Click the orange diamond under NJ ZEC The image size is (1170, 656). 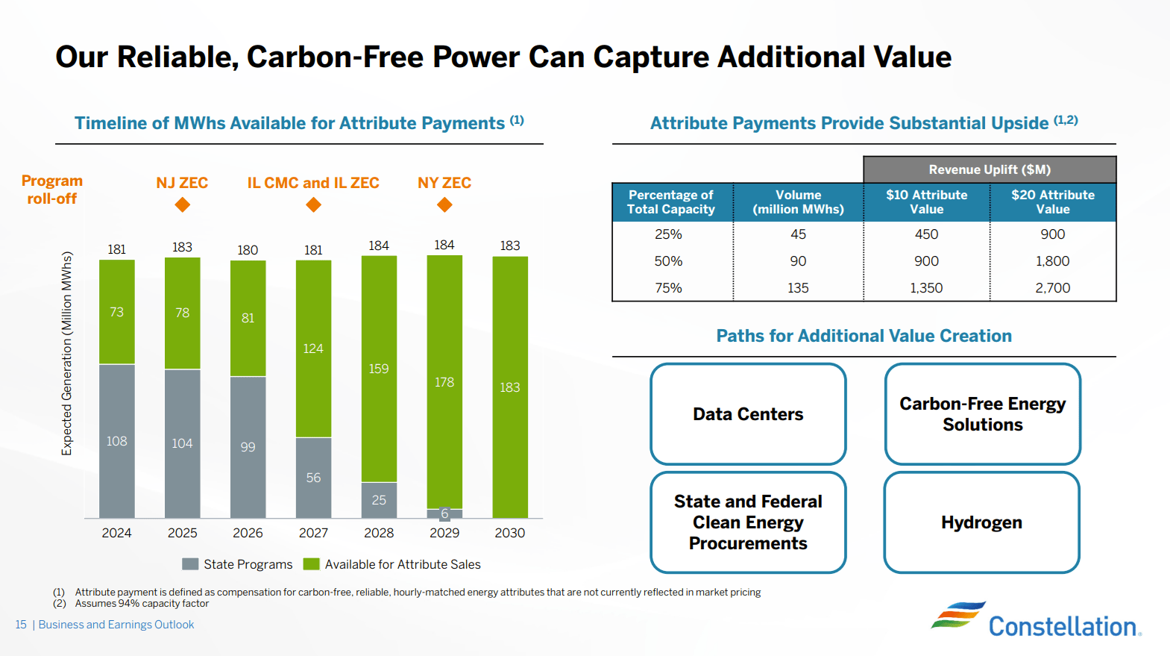tap(182, 204)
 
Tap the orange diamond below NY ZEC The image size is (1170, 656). tap(444, 204)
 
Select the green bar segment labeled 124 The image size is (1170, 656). tap(313, 349)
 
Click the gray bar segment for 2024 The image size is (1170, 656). tap(116, 440)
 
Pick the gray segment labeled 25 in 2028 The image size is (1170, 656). tap(379, 499)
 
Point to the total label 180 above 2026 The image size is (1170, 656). tap(248, 250)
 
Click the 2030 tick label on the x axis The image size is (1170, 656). tap(510, 533)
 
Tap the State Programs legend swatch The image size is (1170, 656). tap(190, 564)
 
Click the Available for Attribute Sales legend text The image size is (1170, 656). tap(403, 564)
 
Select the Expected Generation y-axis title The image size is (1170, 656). tap(67, 353)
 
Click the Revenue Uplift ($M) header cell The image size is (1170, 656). tap(990, 169)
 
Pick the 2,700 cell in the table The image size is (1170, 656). tap(1052, 287)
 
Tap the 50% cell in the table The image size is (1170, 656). tap(668, 261)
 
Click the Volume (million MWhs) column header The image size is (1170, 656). tap(798, 202)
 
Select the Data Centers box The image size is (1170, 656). tap(748, 414)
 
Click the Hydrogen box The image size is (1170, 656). tap(981, 522)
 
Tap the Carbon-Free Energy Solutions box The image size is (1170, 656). tap(982, 414)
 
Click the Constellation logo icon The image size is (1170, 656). tap(957, 616)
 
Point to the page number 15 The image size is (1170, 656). tap(21, 625)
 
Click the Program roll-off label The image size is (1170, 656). tap(52, 190)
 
